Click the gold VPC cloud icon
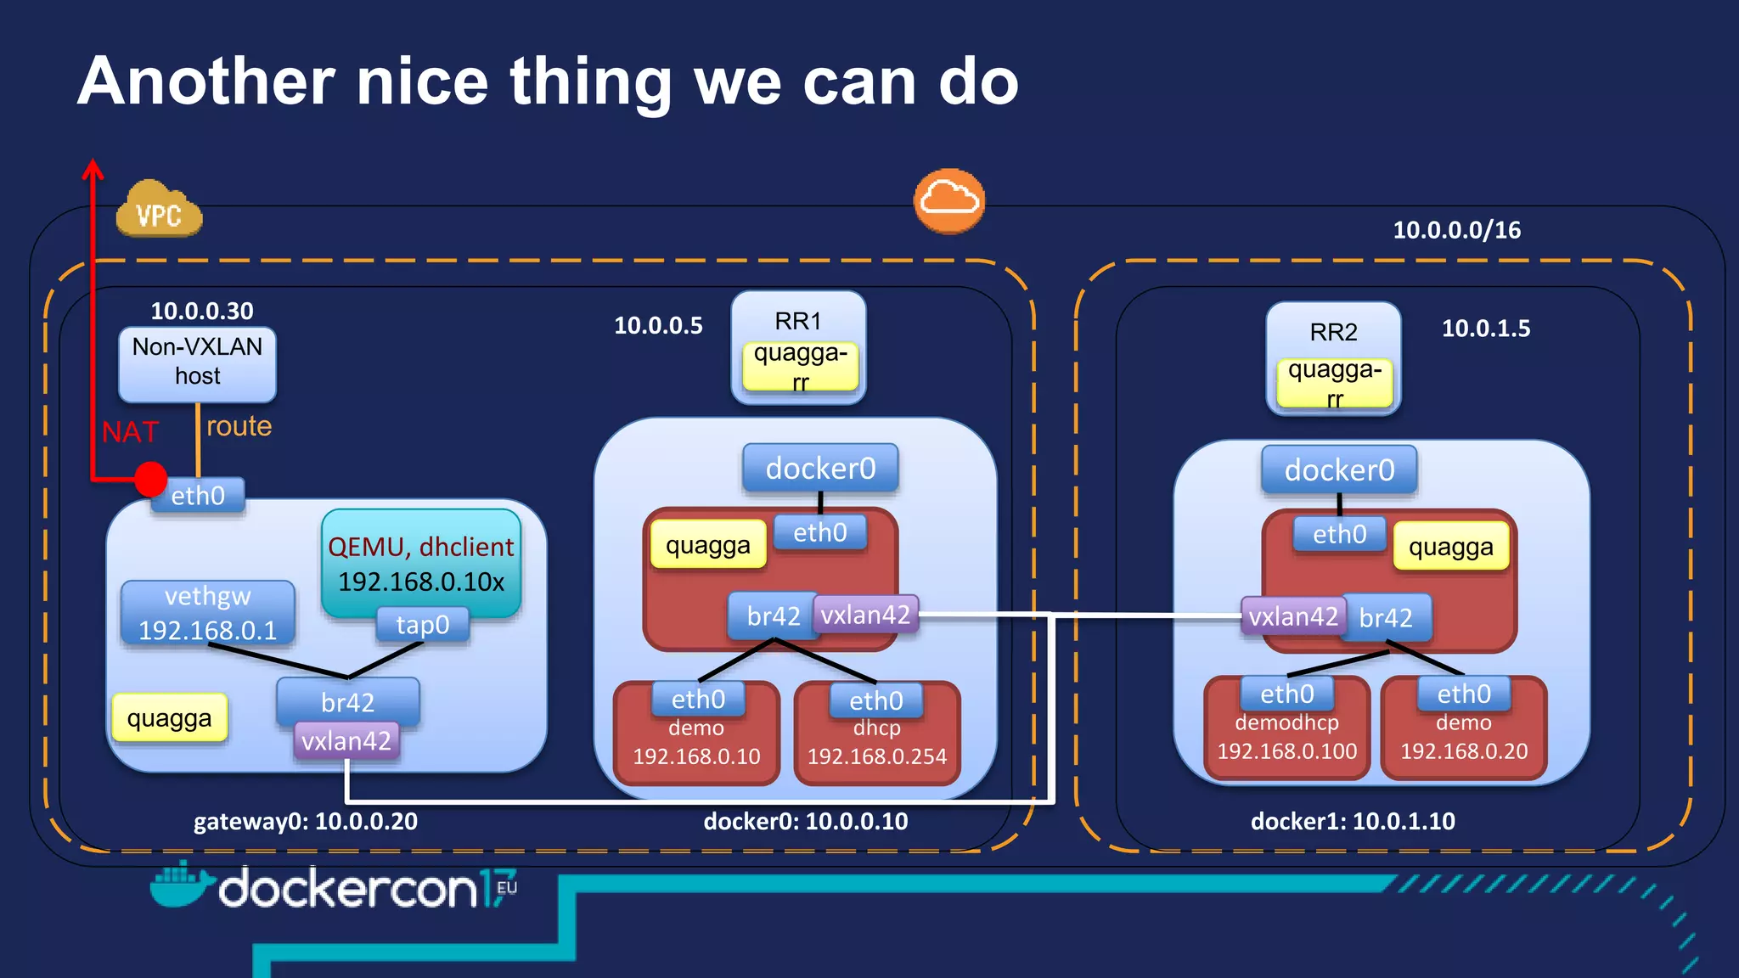159,210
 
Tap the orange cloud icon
949,200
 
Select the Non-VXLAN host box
197,363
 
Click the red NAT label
130,432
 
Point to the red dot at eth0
150,479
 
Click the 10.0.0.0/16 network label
1456,230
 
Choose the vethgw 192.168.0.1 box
208,613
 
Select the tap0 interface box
422,625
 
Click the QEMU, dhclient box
421,560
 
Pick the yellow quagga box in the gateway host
170,718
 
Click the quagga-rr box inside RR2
1334,383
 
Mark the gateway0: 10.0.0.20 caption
306,822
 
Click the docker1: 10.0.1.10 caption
1353,822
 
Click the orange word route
239,426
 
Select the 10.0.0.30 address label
202,311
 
